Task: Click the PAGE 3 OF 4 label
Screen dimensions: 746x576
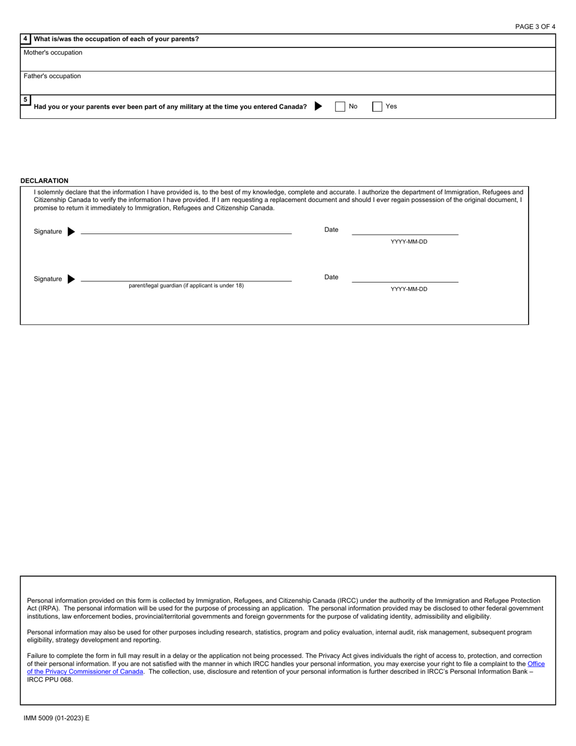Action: coord(535,27)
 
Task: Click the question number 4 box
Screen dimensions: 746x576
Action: coord(25,39)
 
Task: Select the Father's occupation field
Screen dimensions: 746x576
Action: coord(288,86)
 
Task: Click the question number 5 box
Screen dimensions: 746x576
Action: coord(25,99)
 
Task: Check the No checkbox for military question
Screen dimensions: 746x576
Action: coord(340,107)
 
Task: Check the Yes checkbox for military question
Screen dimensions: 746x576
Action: coord(377,107)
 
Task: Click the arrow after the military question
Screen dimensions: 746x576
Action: coord(318,107)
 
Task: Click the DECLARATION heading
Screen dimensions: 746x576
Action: coord(44,181)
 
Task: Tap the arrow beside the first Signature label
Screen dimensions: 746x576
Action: coord(71,232)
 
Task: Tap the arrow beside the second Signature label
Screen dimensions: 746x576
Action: coord(71,279)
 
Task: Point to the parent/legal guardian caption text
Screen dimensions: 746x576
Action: coord(186,286)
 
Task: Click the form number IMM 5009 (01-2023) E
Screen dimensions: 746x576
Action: coord(56,718)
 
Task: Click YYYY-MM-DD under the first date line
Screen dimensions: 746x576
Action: coord(409,242)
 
